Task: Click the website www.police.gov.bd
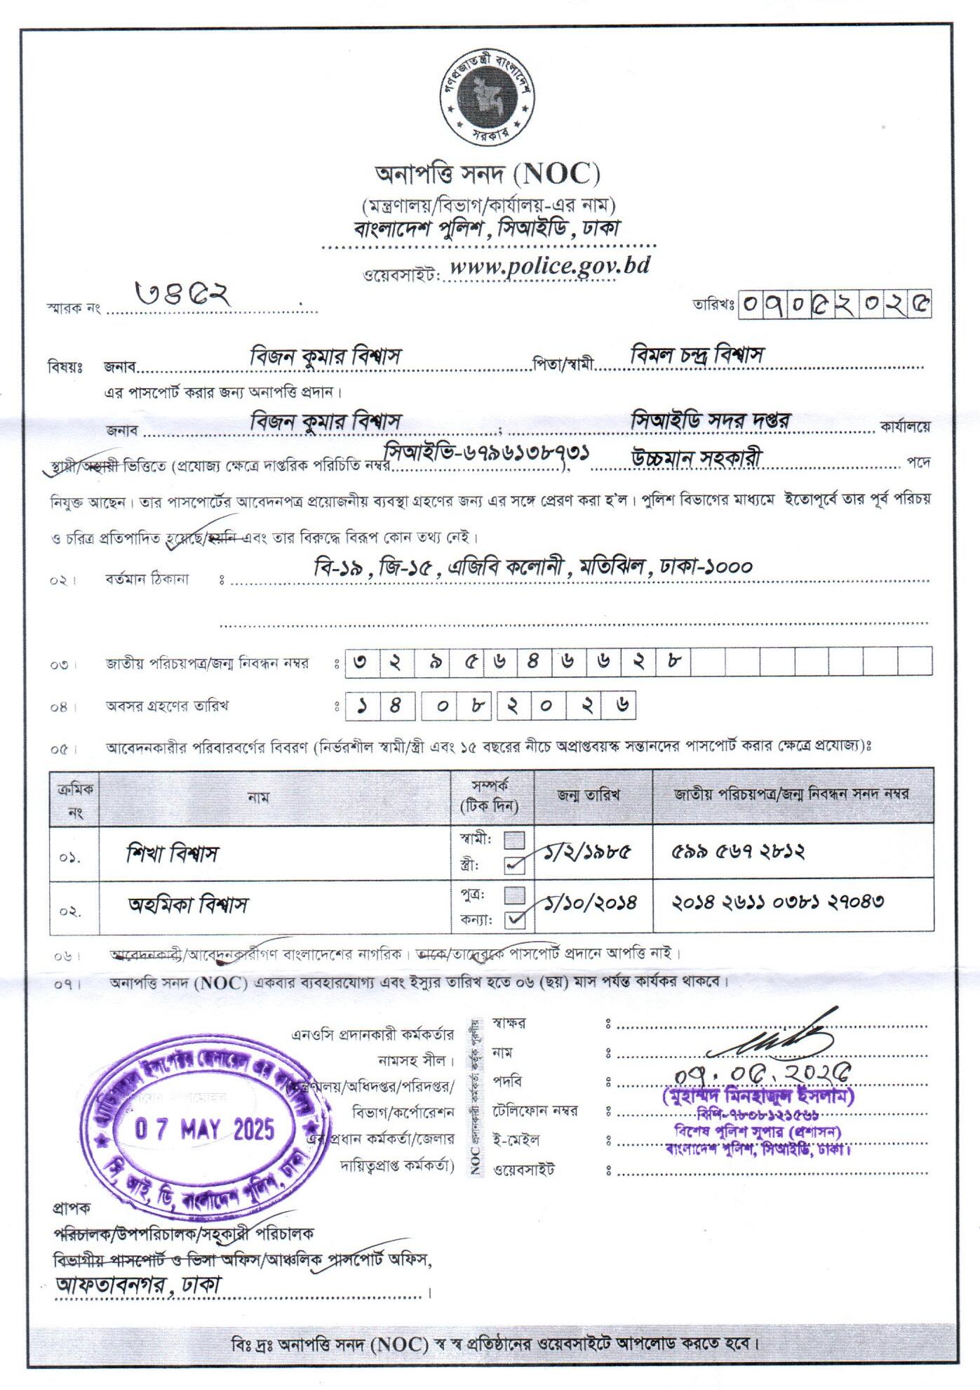tap(549, 267)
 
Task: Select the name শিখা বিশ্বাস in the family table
tap(173, 853)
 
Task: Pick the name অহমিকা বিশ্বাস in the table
tap(188, 904)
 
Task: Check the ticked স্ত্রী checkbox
tap(515, 865)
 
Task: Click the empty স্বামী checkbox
tap(515, 840)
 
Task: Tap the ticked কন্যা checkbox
tap(515, 918)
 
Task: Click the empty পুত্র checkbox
tap(515, 895)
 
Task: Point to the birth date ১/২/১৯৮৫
tap(589, 852)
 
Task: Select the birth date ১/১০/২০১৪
tap(592, 902)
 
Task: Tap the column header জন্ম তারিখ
tap(589, 795)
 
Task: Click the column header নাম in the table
tap(258, 797)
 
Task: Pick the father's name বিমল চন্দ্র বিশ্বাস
tap(697, 355)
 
